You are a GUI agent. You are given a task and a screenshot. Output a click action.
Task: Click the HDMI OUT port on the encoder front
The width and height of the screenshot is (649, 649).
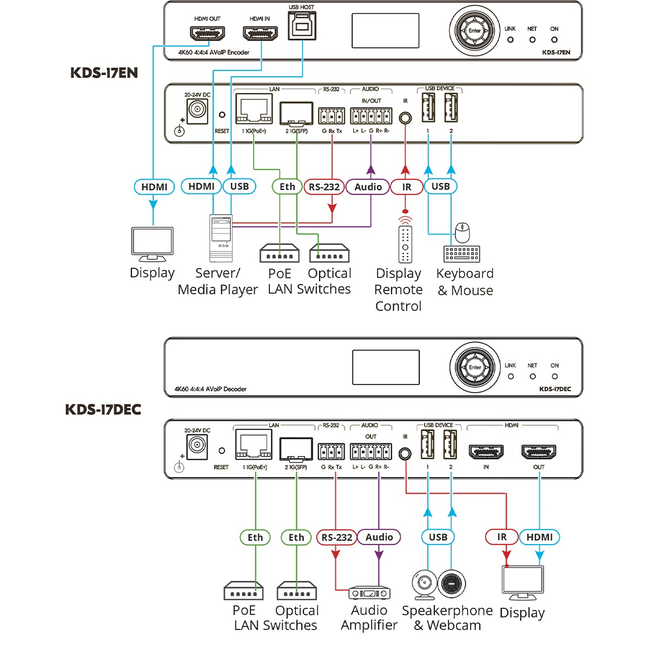point(207,34)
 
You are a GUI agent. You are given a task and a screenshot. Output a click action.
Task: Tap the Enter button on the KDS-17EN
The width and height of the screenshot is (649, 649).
point(474,31)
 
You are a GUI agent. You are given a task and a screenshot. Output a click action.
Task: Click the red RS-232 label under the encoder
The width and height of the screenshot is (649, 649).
point(324,187)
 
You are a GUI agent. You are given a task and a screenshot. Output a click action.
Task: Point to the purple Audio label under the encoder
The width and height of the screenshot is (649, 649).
point(368,187)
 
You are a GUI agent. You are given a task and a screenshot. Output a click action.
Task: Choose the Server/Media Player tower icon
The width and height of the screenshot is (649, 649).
point(220,238)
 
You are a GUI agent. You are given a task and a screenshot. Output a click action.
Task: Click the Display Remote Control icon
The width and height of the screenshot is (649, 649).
point(405,243)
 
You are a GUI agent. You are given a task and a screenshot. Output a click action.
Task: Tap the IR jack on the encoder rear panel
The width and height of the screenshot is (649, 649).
point(405,117)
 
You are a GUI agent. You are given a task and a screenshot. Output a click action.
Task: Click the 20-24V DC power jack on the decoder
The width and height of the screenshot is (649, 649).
point(197,447)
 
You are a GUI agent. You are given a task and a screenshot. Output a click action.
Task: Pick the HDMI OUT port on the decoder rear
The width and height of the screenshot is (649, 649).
point(539,452)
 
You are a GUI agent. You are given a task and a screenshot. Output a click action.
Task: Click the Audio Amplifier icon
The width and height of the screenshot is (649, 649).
point(369,593)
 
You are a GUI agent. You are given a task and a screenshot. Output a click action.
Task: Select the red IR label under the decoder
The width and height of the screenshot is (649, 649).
point(502,537)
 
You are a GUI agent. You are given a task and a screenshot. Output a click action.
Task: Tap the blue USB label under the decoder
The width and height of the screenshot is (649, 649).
point(438,537)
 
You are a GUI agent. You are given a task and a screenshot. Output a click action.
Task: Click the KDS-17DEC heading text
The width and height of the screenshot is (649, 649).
point(103,409)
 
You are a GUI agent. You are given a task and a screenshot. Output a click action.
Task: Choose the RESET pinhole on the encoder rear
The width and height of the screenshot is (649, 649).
point(222,115)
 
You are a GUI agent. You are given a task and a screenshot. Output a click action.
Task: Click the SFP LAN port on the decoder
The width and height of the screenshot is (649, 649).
point(296,449)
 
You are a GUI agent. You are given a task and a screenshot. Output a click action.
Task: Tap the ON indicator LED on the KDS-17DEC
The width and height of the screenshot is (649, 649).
point(554,376)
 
